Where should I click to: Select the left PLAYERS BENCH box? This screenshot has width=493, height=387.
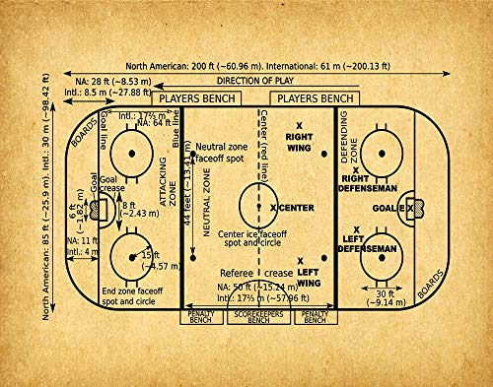[x=194, y=99]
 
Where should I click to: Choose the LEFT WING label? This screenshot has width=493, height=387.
[x=308, y=276]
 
